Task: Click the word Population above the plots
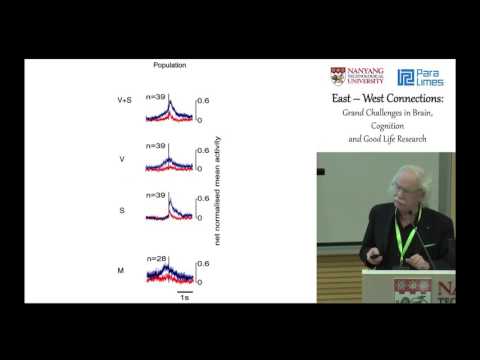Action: click(x=169, y=65)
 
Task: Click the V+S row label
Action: click(x=123, y=100)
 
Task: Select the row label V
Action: click(x=123, y=158)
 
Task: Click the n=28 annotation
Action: click(x=156, y=259)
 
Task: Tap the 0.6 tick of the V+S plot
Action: click(x=201, y=100)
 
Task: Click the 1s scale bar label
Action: click(x=184, y=297)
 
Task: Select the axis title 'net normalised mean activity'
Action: click(x=216, y=184)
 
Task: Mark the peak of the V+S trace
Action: click(x=171, y=101)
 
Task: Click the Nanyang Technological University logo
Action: click(x=359, y=77)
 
